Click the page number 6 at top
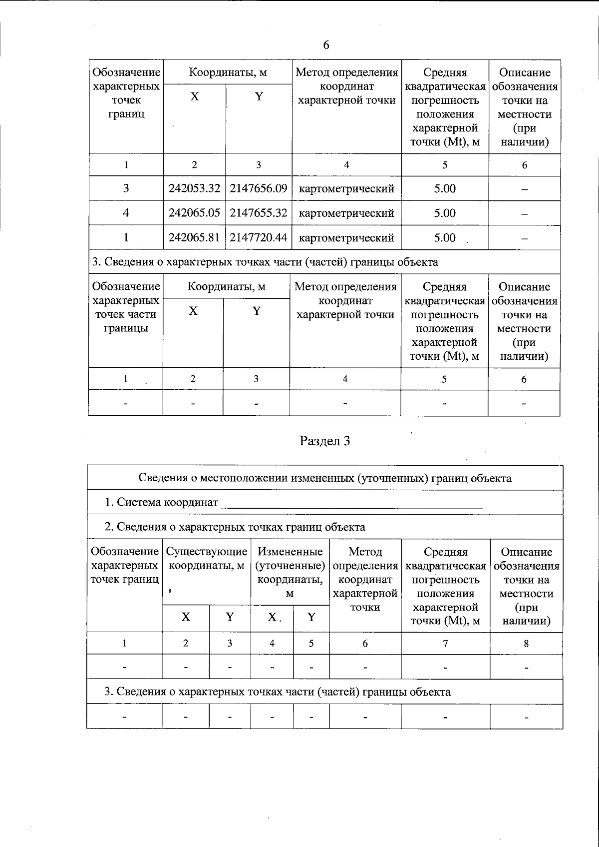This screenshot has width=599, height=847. pos(326,45)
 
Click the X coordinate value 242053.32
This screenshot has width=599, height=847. pos(195,188)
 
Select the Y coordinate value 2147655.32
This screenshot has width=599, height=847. pos(259,213)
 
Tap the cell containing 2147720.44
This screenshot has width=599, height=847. pos(259,237)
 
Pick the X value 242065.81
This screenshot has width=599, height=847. pos(195,237)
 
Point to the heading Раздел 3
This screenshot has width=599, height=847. pos(324,441)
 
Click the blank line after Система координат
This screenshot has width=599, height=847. pos(351,503)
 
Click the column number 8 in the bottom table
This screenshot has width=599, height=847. pos(526,644)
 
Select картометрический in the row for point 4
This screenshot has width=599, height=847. pos(346,213)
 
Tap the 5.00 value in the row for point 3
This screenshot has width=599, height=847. pos(444,188)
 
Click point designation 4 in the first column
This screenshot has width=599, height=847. pos(126,213)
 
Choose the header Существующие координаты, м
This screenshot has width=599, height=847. pos(206,559)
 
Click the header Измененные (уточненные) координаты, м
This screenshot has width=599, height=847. pos(290,572)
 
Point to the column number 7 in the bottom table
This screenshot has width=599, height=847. pos(445,644)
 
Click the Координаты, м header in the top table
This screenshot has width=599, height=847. pos(228,72)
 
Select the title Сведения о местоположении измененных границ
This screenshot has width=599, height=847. pos(324,478)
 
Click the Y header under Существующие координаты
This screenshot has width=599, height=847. pos(230,617)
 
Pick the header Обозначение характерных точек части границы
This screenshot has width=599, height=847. pos(125,307)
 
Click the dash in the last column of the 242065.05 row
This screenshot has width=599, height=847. pos(524,214)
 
